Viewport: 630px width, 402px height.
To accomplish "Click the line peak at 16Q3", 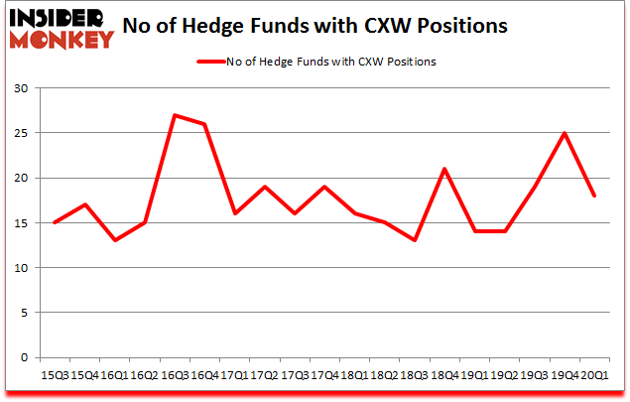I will pyautogui.click(x=175, y=115).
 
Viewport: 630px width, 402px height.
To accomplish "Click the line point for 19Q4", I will pyautogui.click(x=565, y=133).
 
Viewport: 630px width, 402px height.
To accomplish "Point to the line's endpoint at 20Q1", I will pyautogui.click(x=594, y=196).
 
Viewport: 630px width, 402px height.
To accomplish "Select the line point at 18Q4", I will pyautogui.click(x=444, y=169).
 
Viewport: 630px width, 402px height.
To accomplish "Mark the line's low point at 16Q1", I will pyautogui.click(x=115, y=240).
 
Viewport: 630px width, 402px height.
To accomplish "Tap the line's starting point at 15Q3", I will pyautogui.click(x=55, y=222).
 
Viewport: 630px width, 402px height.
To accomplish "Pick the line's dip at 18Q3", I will pyautogui.click(x=415, y=240).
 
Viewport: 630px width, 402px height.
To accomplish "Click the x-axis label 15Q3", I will pyautogui.click(x=56, y=375).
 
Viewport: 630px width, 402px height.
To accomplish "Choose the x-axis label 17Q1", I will pyautogui.click(x=234, y=375).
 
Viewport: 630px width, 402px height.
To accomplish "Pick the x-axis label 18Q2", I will pyautogui.click(x=385, y=375).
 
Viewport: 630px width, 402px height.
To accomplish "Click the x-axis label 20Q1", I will pyautogui.click(x=594, y=375).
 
